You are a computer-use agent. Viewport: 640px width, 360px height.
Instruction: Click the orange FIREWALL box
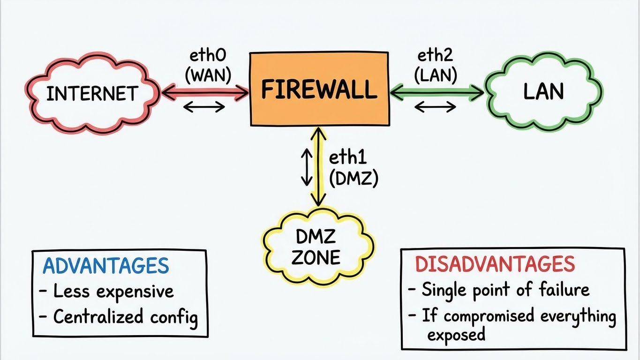point(319,89)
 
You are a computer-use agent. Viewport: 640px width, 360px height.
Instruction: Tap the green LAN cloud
point(543,92)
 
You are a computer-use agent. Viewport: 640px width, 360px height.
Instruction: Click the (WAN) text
point(208,75)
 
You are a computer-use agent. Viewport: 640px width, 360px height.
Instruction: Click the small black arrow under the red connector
point(204,107)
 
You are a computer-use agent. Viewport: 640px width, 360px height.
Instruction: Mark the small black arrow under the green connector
point(436,107)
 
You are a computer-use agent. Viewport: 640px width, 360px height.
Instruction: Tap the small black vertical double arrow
point(306,167)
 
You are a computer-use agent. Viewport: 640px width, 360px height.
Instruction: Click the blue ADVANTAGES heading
point(105,266)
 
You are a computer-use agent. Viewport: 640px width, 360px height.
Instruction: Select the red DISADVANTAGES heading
point(495,264)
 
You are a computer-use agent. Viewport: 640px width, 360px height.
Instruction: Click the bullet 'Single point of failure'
point(499,290)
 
